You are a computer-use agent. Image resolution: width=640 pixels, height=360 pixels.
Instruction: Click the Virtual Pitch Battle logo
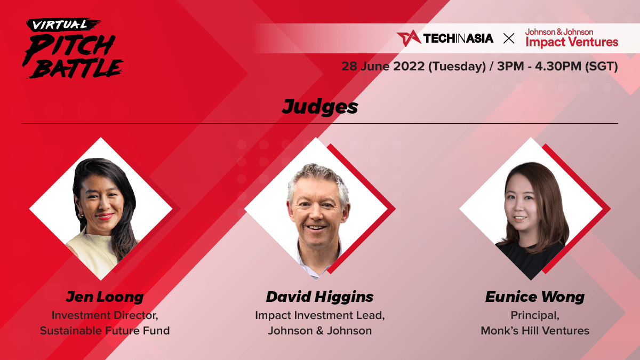73,49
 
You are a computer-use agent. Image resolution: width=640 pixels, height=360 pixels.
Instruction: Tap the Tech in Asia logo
445,38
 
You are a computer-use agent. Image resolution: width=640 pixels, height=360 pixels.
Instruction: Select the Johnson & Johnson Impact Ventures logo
572,38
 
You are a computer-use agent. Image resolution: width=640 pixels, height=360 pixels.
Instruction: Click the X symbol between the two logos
509,38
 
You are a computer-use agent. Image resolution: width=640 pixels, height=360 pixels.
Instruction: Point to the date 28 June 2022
383,66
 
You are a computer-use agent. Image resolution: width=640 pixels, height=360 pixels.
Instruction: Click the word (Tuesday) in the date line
457,67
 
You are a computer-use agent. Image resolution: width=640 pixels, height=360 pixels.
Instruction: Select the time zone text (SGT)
602,67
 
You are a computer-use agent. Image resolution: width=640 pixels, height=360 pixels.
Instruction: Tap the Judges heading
319,107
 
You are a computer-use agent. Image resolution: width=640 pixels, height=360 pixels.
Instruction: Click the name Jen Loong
105,297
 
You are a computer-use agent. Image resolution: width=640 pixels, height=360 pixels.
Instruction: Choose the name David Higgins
319,297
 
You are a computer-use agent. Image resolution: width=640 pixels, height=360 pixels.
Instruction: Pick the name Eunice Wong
535,297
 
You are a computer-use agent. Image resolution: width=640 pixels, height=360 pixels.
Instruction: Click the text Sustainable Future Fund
105,331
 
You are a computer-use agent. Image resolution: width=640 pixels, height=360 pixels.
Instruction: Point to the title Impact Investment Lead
319,315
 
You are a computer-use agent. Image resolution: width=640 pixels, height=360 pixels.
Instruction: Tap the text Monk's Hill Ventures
535,331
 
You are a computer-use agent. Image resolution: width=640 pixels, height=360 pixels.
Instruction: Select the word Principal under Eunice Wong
535,316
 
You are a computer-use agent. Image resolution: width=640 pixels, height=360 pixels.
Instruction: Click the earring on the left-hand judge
81,215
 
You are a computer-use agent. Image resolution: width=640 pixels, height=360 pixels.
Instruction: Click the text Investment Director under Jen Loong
105,315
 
